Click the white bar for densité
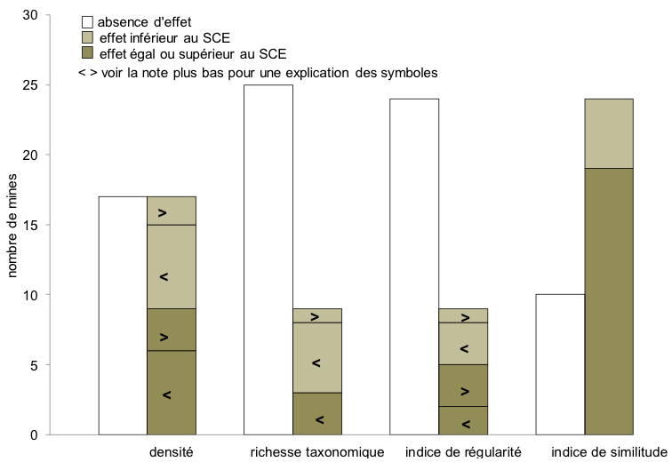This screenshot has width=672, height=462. (122, 315)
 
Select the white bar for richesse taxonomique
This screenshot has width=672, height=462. (268, 259)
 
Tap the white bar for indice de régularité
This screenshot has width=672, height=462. (414, 267)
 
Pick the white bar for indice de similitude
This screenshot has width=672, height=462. (560, 364)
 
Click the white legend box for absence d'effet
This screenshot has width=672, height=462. (87, 21)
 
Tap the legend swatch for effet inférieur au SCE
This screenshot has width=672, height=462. (87, 38)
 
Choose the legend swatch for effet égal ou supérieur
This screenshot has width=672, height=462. (87, 54)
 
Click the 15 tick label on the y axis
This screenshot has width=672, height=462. (32, 226)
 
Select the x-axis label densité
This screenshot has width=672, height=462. (172, 451)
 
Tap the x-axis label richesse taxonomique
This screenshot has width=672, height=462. (317, 451)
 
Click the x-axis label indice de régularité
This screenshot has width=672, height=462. (463, 451)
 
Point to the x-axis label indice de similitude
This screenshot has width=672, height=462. (609, 451)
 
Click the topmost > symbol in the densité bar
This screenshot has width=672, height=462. (163, 212)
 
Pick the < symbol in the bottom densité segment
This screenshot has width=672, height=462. (166, 394)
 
